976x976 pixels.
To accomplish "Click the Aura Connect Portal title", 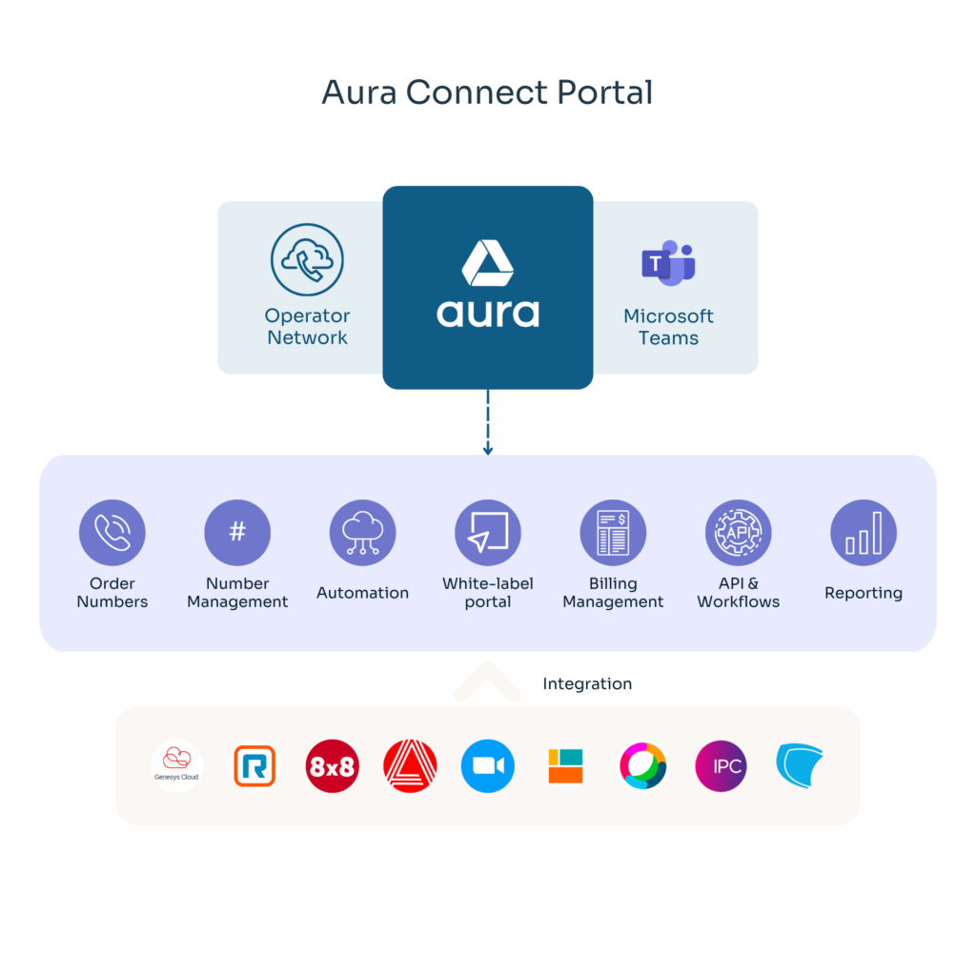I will pos(487,92).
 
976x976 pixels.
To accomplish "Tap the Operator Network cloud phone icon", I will pos(307,259).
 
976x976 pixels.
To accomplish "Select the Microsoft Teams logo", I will pos(668,262).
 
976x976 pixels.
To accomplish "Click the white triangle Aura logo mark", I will pos(488,263).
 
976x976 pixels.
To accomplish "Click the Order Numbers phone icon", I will pos(112,533).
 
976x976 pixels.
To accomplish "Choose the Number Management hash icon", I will pos(237,533).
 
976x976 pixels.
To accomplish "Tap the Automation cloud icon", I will pos(362,533).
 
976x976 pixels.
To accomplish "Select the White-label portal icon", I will pos(488,533).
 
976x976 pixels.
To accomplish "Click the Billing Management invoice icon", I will pos(613,533).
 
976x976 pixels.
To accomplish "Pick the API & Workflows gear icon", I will pos(738,533).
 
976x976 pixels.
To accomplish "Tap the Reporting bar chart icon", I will pos(864,533).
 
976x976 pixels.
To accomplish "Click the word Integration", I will pos(587,683).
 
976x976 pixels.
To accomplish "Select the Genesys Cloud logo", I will pos(177,765).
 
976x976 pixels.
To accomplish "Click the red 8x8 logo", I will pos(333,765).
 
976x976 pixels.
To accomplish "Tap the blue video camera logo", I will pos(488,765).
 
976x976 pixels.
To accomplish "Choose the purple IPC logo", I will pos(721,765).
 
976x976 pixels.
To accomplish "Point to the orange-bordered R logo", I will pos(254,765).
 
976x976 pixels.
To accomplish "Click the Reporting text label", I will pos(864,593).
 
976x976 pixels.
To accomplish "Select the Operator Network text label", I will pos(307,326).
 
